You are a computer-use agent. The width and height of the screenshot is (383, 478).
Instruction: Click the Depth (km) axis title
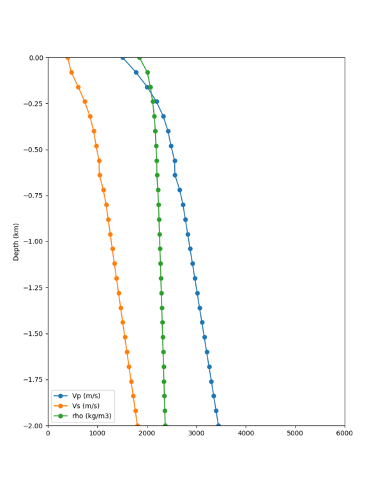16,242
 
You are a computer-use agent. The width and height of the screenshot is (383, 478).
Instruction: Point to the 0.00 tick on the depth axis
36,58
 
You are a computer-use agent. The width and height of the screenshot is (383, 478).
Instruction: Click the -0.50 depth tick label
34,150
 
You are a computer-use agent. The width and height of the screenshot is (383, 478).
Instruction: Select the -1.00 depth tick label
34,242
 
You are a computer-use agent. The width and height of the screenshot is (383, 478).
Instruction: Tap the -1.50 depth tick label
34,333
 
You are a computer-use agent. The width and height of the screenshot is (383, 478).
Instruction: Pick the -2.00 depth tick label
34,425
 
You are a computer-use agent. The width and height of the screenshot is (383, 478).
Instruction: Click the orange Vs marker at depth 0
68,58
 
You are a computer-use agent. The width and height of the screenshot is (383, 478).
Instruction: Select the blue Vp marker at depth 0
123,58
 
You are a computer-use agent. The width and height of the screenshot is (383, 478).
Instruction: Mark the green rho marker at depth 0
139,58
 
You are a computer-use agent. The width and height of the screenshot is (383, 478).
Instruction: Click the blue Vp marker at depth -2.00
218,425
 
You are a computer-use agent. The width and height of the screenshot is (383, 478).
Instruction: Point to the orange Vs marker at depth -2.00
137,425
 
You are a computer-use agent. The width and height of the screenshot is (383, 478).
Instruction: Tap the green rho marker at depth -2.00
165,425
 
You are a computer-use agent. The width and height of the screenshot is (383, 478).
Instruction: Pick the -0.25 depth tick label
34,104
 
